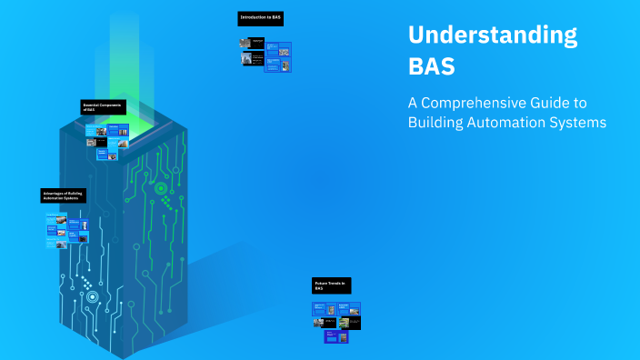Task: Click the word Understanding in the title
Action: pos(492,35)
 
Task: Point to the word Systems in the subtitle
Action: pos(579,123)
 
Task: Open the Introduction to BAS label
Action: pos(260,18)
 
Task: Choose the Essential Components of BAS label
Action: pos(103,107)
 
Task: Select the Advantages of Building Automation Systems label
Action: pos(65,195)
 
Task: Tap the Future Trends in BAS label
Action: pos(331,285)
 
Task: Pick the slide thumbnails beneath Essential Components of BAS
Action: pos(108,141)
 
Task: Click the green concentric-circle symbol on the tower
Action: pos(161,189)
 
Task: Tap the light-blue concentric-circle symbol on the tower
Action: pos(92,296)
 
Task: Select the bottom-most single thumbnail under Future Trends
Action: pos(331,336)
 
